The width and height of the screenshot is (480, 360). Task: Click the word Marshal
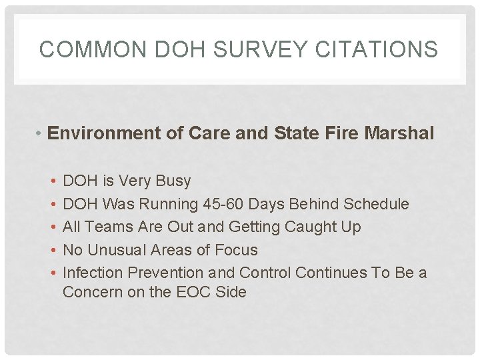pyautogui.click(x=399, y=134)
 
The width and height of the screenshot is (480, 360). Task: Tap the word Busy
pyautogui.click(x=172, y=181)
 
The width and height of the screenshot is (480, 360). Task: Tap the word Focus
pyautogui.click(x=237, y=250)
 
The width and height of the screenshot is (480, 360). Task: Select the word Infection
pyautogui.click(x=93, y=273)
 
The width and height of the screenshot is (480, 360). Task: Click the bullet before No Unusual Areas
pyautogui.click(x=53, y=251)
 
